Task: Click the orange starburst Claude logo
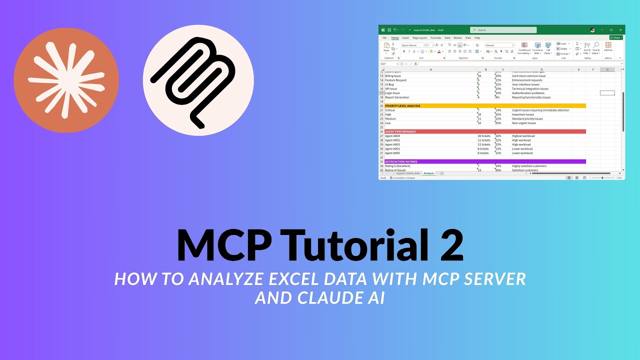coord(66,80)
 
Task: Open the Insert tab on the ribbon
coord(405,37)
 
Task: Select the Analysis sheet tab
coord(429,173)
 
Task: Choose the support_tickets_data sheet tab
coord(408,173)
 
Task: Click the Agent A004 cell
coord(392,136)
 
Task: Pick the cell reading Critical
coord(390,110)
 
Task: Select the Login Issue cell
coord(393,93)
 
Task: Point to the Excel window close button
coord(620,30)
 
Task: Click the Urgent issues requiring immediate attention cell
coord(540,110)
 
